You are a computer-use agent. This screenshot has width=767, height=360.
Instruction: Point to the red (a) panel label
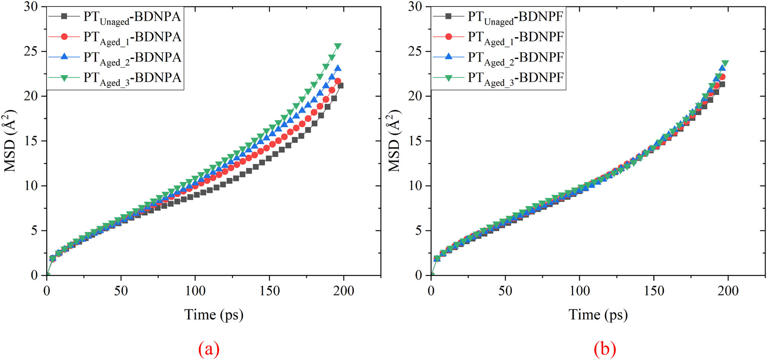(x=209, y=349)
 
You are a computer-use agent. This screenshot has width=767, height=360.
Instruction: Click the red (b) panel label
(x=605, y=349)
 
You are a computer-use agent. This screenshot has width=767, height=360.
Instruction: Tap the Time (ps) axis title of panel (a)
(x=214, y=315)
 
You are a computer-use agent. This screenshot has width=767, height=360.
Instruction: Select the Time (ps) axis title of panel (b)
(x=598, y=315)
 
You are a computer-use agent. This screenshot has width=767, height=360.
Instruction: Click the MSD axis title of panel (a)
(x=10, y=141)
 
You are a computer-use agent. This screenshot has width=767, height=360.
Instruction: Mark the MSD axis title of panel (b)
(x=395, y=141)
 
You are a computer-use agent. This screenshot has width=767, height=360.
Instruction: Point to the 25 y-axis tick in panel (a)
(x=31, y=51)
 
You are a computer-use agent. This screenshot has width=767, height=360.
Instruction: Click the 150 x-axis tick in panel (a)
(x=269, y=291)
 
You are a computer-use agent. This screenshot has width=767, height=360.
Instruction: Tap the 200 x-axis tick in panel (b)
(x=728, y=291)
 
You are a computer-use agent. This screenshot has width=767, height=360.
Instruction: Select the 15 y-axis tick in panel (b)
(x=415, y=141)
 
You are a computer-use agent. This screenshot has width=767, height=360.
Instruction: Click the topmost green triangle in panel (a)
(x=338, y=46)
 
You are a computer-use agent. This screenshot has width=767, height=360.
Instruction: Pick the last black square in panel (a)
(x=340, y=85)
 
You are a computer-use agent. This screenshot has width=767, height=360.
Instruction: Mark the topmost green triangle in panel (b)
(x=725, y=63)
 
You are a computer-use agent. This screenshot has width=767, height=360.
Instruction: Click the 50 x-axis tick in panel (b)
(x=505, y=291)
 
